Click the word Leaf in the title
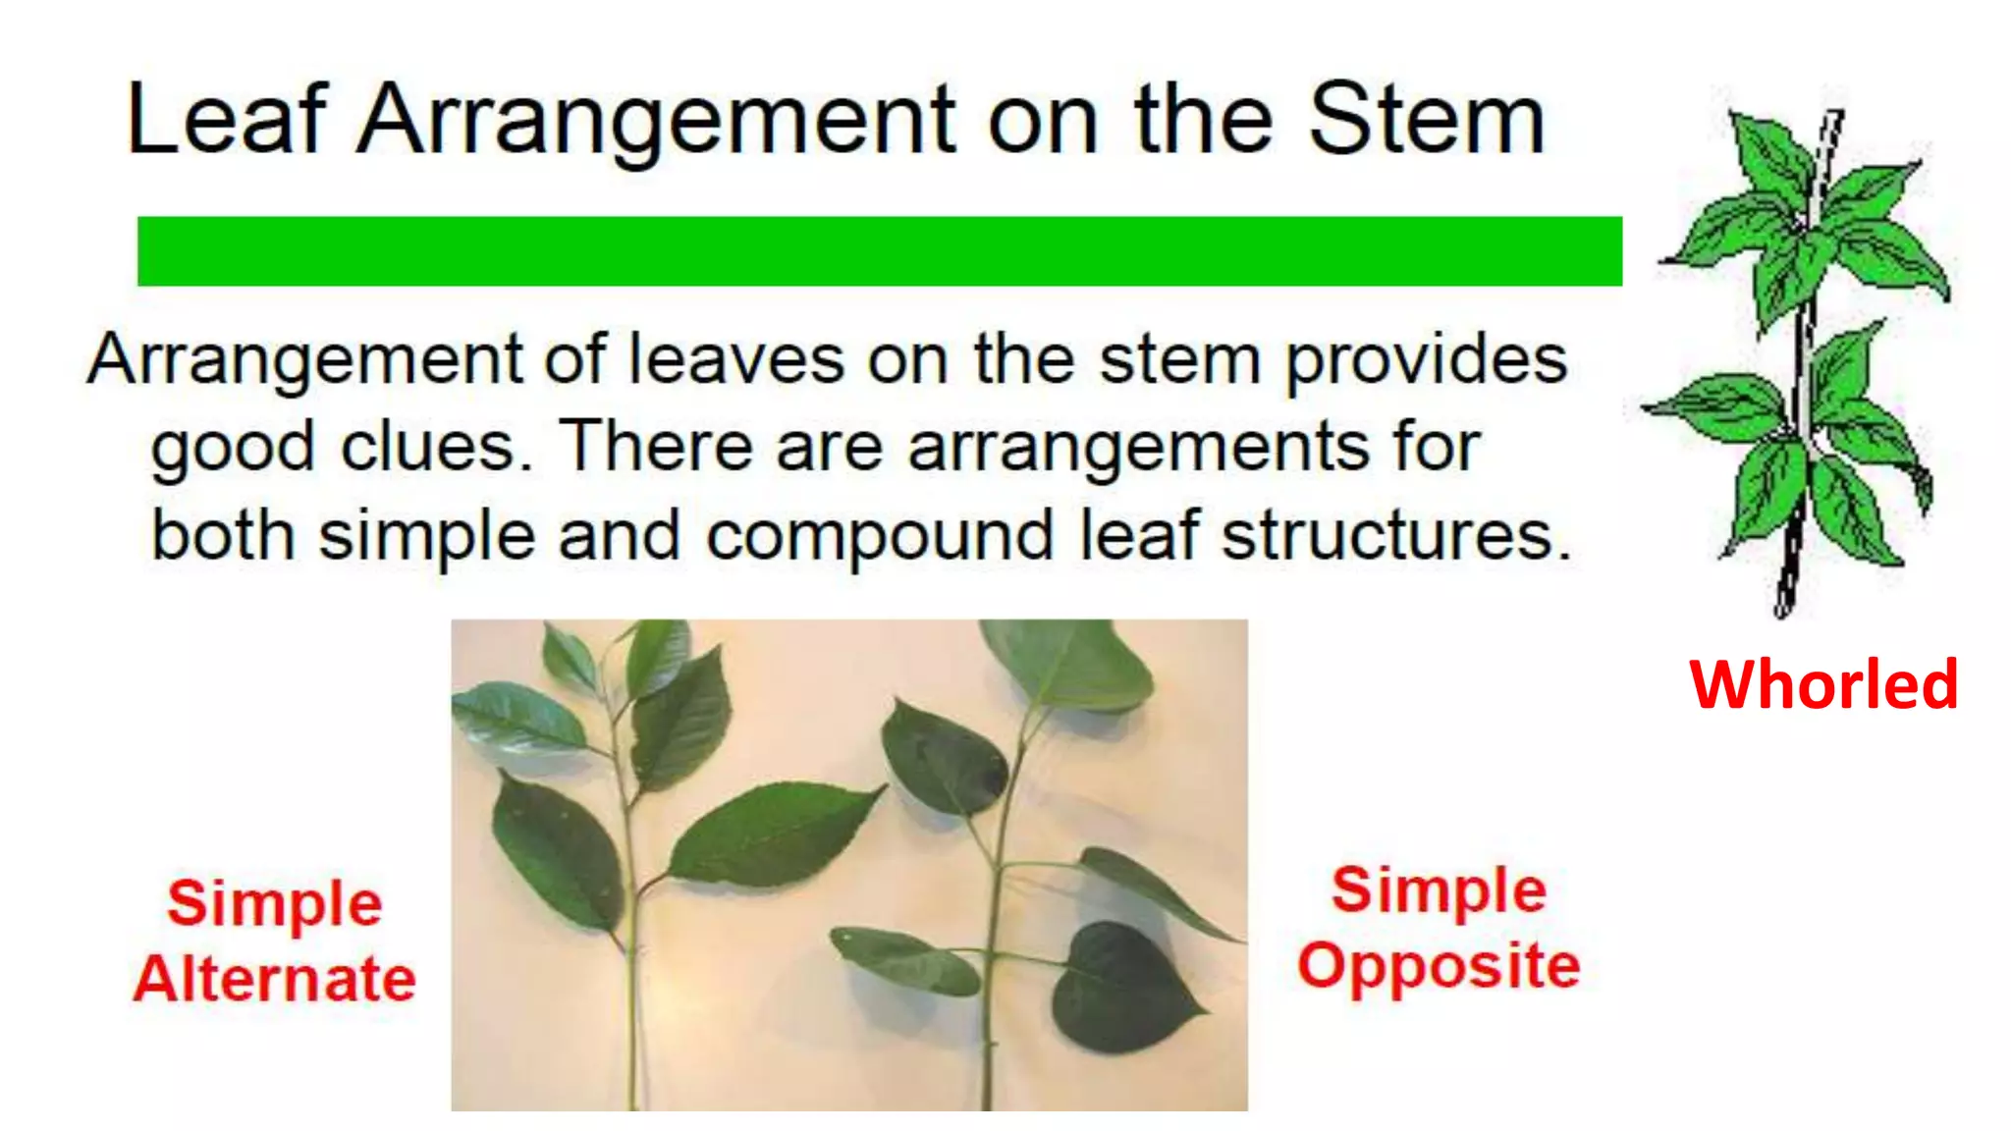click(x=226, y=120)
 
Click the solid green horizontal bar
click(x=879, y=251)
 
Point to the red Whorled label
click(x=1823, y=684)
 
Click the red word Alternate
click(x=275, y=979)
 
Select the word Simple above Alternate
click(x=275, y=902)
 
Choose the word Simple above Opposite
click(x=1439, y=889)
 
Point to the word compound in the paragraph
click(x=880, y=538)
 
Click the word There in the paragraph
click(x=656, y=448)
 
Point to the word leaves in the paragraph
click(x=735, y=359)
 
